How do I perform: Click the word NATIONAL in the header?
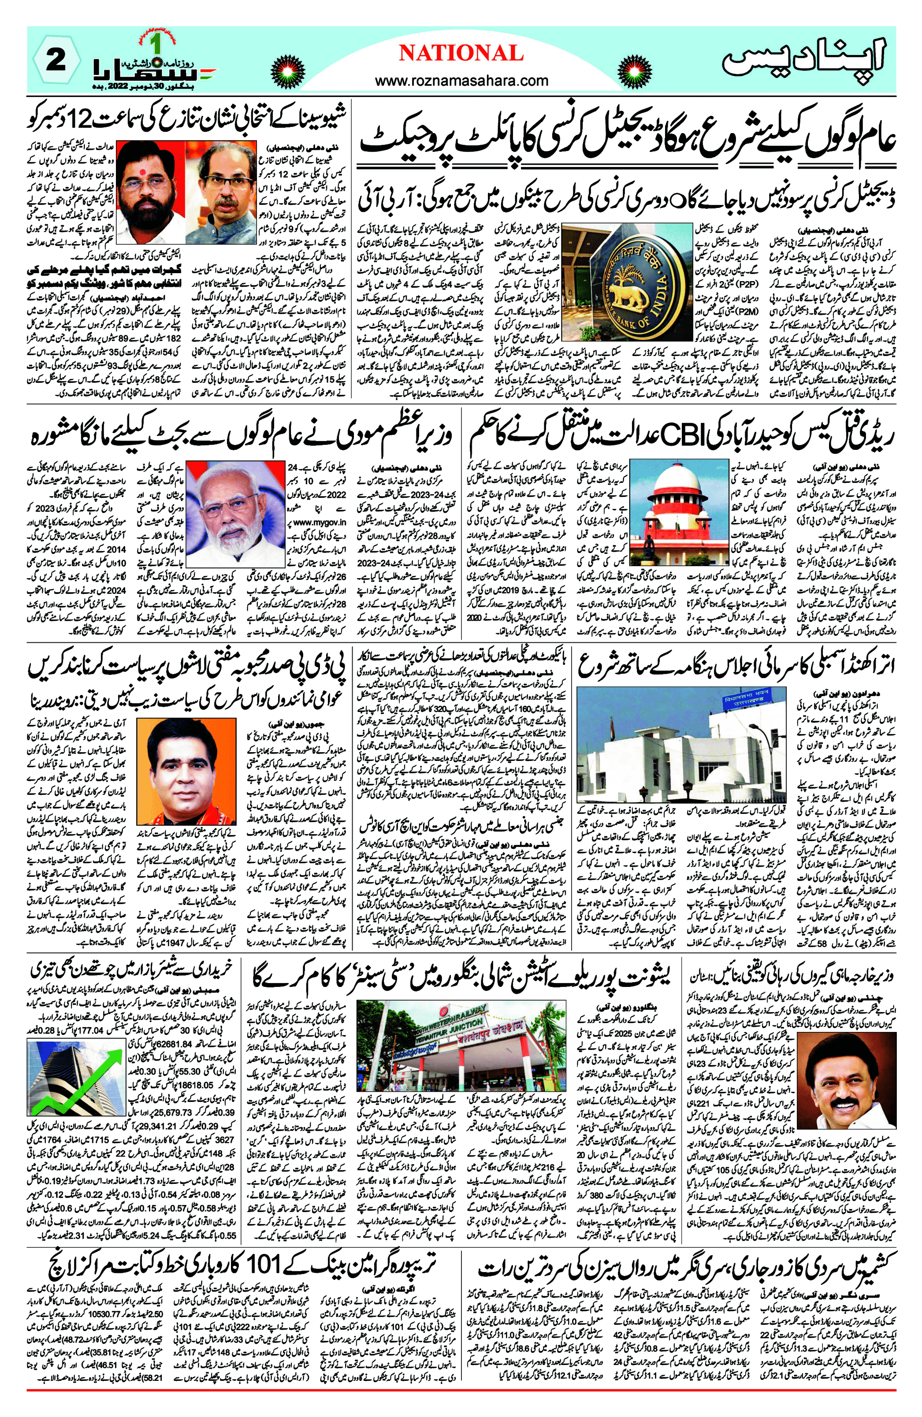click(x=461, y=54)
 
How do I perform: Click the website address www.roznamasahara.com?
click(x=461, y=80)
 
